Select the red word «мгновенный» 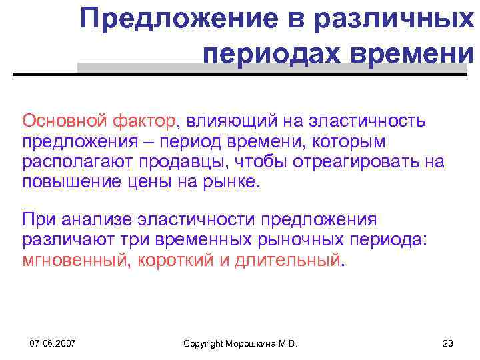point(75,260)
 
